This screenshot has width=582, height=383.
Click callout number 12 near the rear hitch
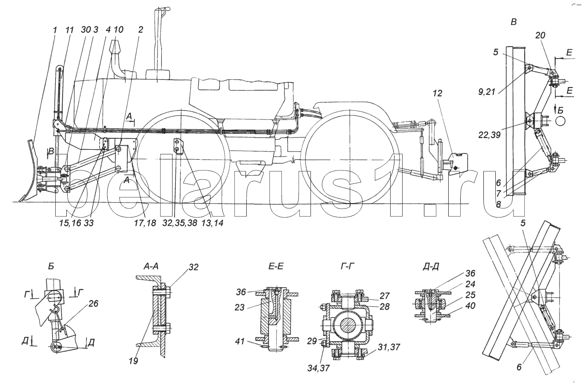click(x=438, y=93)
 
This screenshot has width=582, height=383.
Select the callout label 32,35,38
click(x=179, y=223)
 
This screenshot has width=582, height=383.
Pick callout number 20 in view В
click(x=540, y=35)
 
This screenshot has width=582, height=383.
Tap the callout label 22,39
click(x=490, y=135)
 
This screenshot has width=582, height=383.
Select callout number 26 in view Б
click(x=93, y=303)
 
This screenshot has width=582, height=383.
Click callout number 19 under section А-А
click(x=133, y=361)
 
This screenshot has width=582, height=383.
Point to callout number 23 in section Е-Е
click(x=240, y=307)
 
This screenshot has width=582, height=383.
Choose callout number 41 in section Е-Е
click(x=240, y=341)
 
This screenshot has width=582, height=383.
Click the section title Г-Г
click(x=348, y=267)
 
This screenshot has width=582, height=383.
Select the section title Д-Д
click(x=431, y=267)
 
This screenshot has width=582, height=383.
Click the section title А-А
click(x=151, y=267)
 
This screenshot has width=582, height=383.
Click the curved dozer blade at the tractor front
click(x=29, y=172)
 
